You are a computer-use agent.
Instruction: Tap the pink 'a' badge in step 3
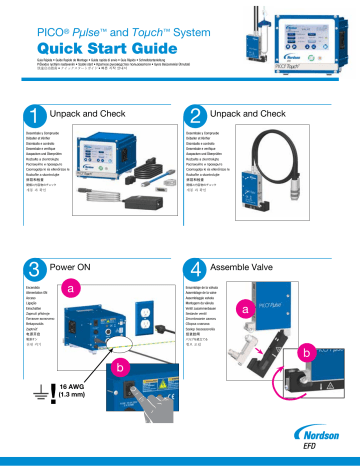(71, 287)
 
